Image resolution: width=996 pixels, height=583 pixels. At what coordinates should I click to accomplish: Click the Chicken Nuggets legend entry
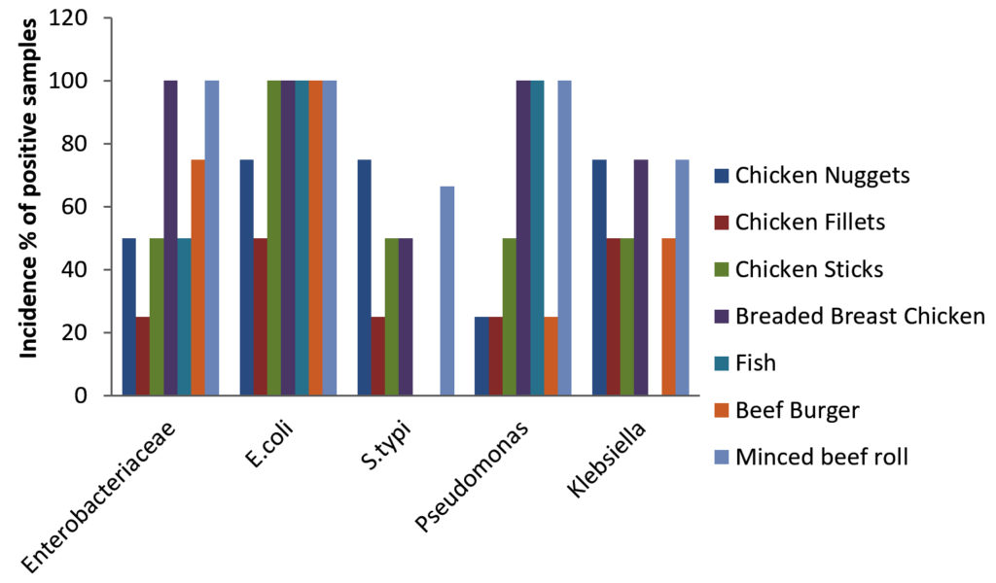[823, 176]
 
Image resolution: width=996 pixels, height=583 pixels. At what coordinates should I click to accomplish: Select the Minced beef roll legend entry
[822, 457]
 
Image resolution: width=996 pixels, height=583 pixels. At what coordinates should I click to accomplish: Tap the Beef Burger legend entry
[797, 410]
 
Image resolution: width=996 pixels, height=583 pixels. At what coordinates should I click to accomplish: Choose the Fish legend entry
[756, 362]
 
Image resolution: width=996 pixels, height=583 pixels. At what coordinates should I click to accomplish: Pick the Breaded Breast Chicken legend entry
[861, 316]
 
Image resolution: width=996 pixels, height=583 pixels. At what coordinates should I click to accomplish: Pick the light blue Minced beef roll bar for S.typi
[446, 291]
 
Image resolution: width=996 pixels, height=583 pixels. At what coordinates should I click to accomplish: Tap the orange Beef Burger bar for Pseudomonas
[551, 356]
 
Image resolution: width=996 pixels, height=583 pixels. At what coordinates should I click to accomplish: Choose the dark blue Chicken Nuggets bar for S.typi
[364, 277]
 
